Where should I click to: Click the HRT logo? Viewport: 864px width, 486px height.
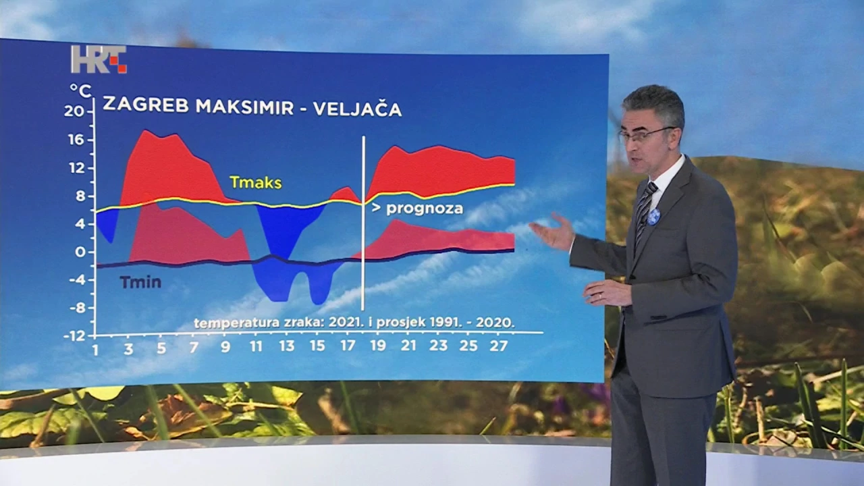click(x=99, y=59)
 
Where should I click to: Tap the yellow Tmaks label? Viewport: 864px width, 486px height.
click(x=256, y=182)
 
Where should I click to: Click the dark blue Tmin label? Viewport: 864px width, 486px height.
click(x=140, y=282)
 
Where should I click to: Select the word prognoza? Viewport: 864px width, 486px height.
click(x=425, y=209)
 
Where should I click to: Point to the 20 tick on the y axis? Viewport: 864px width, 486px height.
click(x=74, y=111)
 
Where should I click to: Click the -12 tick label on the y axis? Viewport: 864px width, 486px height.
click(x=75, y=336)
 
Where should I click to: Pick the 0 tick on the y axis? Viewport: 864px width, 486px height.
click(x=80, y=252)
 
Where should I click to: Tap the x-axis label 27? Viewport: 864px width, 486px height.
click(x=498, y=346)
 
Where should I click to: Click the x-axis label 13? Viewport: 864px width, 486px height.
click(x=287, y=346)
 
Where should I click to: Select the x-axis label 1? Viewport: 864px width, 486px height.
click(x=95, y=350)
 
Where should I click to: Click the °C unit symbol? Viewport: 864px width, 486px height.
click(x=80, y=91)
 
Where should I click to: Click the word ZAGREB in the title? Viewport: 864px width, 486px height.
click(x=146, y=105)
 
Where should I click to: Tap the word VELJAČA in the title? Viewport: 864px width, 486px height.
click(x=357, y=109)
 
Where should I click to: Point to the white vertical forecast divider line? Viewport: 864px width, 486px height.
click(x=363, y=223)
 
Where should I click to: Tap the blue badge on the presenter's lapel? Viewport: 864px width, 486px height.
click(x=654, y=217)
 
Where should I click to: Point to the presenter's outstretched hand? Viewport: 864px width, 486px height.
click(x=551, y=232)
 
